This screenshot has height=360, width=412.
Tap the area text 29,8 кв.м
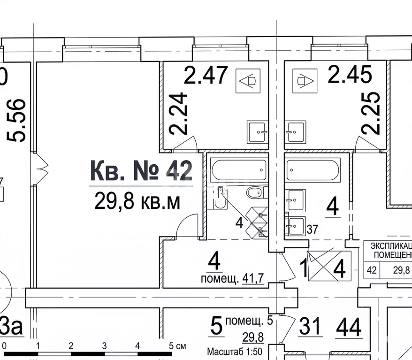[137, 201]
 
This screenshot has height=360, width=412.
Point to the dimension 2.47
[206, 75]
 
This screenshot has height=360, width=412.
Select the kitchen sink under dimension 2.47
[258, 132]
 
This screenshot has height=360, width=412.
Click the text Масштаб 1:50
[233, 352]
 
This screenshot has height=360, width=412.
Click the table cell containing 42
[372, 270]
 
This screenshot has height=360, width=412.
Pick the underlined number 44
[349, 327]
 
